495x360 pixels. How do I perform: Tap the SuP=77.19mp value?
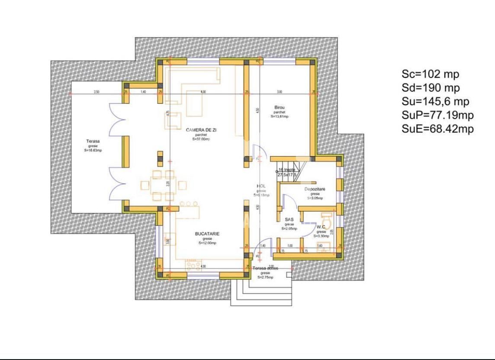pyautogui.click(x=437, y=115)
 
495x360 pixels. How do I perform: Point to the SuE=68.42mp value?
pyautogui.click(x=437, y=129)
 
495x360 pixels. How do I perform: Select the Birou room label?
pyautogui.click(x=279, y=107)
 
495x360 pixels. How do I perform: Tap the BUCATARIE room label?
pyautogui.click(x=207, y=234)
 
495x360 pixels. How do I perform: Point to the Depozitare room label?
pyautogui.click(x=315, y=190)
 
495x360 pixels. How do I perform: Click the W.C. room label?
pyautogui.click(x=321, y=227)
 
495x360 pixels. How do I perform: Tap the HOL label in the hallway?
pyautogui.click(x=261, y=186)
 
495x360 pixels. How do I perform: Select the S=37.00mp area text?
pyautogui.click(x=200, y=139)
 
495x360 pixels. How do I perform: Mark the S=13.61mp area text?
pyautogui.click(x=280, y=116)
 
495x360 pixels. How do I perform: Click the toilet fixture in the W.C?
pyautogui.click(x=328, y=222)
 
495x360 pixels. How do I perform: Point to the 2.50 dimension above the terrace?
pyautogui.click(x=96, y=92)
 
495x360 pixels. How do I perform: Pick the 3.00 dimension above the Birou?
pyautogui.click(x=280, y=92)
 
